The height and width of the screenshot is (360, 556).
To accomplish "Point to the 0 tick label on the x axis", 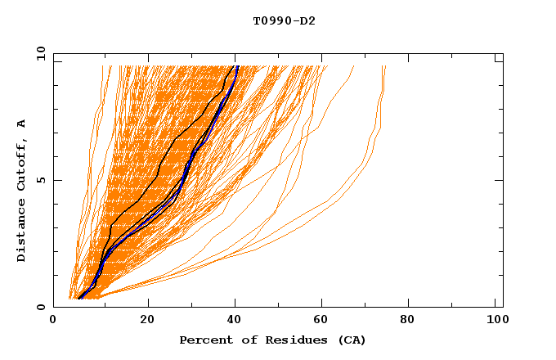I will click(53, 321).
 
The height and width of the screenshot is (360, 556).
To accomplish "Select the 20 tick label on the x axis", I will click(147, 321).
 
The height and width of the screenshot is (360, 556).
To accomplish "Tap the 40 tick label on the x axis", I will click(235, 321).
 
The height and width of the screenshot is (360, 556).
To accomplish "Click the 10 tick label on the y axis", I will click(39, 53).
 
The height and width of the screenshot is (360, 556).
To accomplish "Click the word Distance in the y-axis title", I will click(22, 231).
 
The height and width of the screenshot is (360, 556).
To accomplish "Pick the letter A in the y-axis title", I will click(22, 123).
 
